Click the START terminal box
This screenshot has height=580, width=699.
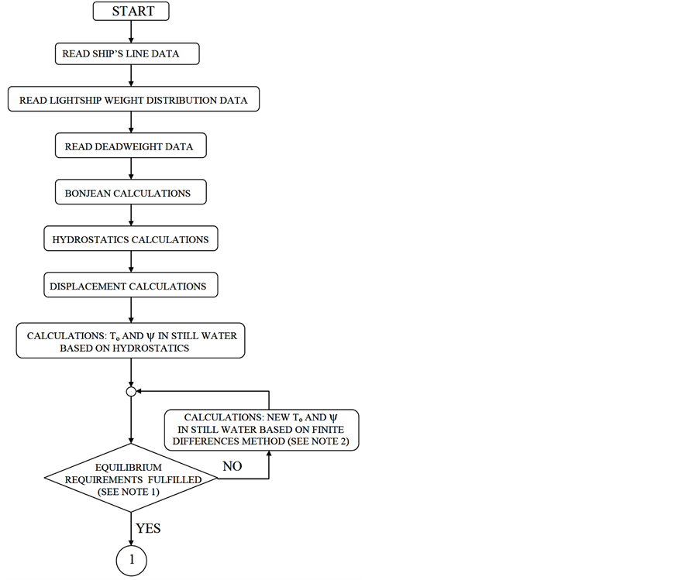coord(131,11)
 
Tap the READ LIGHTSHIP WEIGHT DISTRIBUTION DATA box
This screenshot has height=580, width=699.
coord(133,100)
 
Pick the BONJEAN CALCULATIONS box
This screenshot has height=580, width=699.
coord(130,193)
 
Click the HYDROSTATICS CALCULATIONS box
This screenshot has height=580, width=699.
coord(130,239)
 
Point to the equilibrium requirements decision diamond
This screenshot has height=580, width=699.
coord(131,479)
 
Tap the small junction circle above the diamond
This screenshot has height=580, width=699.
coord(131,392)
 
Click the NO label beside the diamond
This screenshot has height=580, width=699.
coord(232,467)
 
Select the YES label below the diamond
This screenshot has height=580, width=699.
coord(148,528)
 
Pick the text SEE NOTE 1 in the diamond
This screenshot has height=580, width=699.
coord(130,492)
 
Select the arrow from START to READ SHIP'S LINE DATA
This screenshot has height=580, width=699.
coord(131,32)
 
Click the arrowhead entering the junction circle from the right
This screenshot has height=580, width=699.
coord(140,392)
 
